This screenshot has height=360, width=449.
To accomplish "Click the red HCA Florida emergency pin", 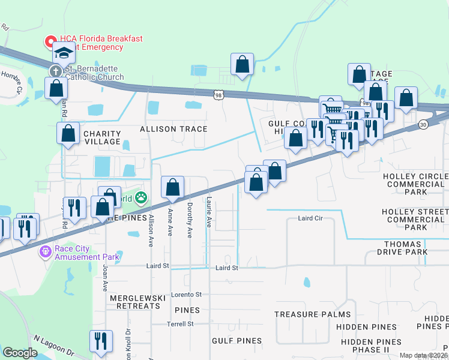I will click(50, 41).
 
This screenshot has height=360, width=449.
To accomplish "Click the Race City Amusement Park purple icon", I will click(44, 251).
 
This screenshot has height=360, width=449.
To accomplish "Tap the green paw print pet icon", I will click(140, 197).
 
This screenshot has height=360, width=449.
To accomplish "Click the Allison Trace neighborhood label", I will click(173, 129).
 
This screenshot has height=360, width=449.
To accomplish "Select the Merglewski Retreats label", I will click(135, 301).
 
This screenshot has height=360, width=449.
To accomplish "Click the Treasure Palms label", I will click(312, 314).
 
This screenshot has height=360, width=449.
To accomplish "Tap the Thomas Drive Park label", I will click(406, 248).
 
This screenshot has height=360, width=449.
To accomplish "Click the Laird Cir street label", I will click(310, 219).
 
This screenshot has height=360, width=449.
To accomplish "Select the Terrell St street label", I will click(181, 323).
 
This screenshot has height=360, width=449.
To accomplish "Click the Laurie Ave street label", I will click(209, 213).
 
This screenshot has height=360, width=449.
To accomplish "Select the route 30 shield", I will click(423, 125).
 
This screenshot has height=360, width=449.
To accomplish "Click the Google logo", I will click(20, 353).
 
